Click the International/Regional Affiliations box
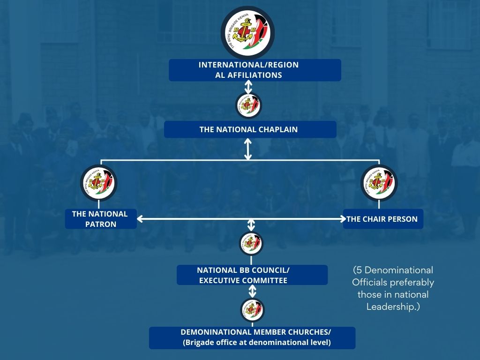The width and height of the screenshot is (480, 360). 255,70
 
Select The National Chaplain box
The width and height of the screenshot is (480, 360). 250,129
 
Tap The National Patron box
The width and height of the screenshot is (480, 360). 101,219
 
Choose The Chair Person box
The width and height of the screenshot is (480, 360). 383,219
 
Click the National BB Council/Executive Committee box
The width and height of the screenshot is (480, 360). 252,275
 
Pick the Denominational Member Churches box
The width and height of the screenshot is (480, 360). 252,337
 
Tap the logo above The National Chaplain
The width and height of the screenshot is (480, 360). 248,105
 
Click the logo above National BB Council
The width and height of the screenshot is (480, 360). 251,243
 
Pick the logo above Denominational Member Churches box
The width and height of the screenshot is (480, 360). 252,309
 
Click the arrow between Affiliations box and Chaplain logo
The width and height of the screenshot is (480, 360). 248,87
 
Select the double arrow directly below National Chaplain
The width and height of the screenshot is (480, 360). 248,149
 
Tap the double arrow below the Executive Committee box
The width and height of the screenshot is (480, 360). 252,292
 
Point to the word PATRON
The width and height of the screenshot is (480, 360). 101,224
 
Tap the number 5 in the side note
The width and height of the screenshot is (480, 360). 359,271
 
